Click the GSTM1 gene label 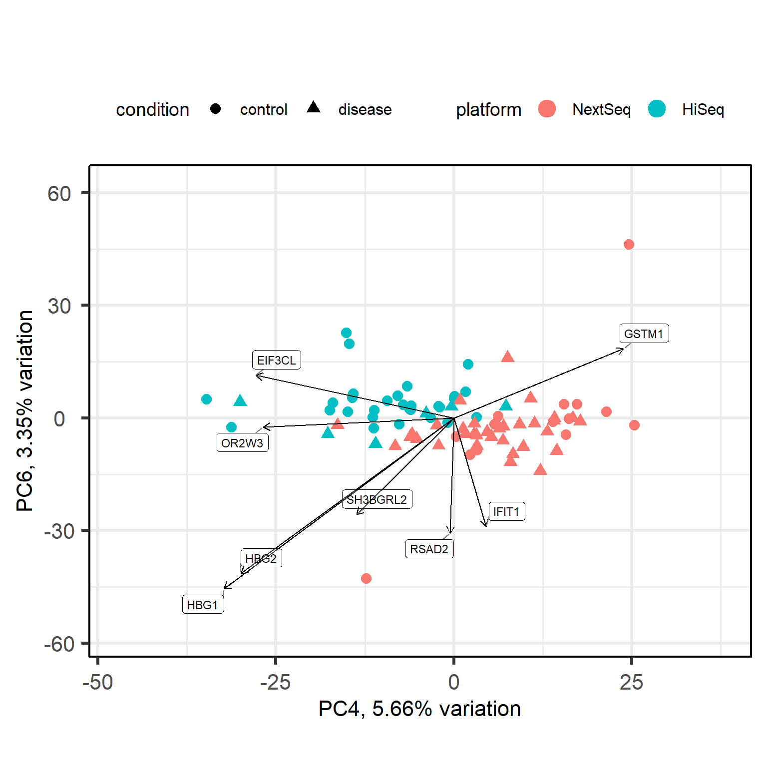pyautogui.click(x=644, y=334)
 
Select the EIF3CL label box pyautogui.click(x=277, y=360)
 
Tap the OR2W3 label pyautogui.click(x=242, y=443)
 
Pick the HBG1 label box pyautogui.click(x=203, y=605)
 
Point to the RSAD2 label pyautogui.click(x=429, y=549)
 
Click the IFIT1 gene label pyautogui.click(x=506, y=511)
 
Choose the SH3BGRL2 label pyautogui.click(x=377, y=499)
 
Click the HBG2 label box pyautogui.click(x=261, y=558)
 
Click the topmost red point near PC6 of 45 pyautogui.click(x=629, y=244)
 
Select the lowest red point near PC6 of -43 pyautogui.click(x=366, y=578)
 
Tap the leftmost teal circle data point pyautogui.click(x=206, y=399)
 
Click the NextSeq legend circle pyautogui.click(x=547, y=109)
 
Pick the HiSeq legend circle pyautogui.click(x=657, y=109)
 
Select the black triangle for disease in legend pyautogui.click(x=314, y=107)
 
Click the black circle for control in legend pyautogui.click(x=216, y=109)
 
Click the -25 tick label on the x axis pyautogui.click(x=275, y=682)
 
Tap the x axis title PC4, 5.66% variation pyautogui.click(x=419, y=709)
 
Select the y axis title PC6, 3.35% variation pyautogui.click(x=25, y=410)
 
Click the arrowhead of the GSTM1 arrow pyautogui.click(x=623, y=348)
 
